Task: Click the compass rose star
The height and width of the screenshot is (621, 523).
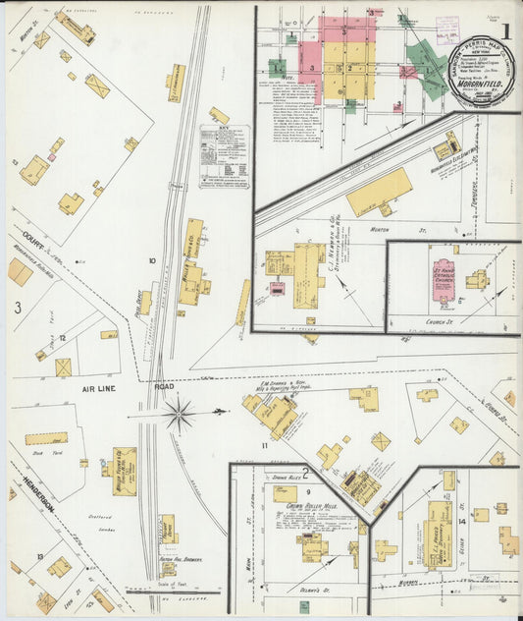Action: pyautogui.click(x=179, y=414)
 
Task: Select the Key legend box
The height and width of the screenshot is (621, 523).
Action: pyautogui.click(x=224, y=155)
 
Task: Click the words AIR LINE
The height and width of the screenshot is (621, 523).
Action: pyautogui.click(x=101, y=388)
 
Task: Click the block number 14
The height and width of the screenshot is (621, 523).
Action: pyautogui.click(x=461, y=522)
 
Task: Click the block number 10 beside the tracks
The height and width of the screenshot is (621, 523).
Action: pyautogui.click(x=151, y=260)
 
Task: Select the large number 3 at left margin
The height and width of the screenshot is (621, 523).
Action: pyautogui.click(x=18, y=308)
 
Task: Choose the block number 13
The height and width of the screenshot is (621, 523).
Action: pyautogui.click(x=39, y=556)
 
